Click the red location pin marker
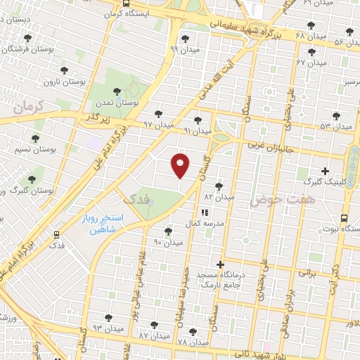pyautogui.click(x=181, y=165)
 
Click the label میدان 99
pyautogui.click(x=184, y=49)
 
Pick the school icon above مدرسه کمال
pyautogui.click(x=205, y=212)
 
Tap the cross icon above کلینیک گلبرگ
pyautogui.click(x=325, y=171)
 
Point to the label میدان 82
pyautogui.click(x=219, y=198)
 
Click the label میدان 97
pyautogui.click(x=158, y=124)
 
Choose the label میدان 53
pyautogui.click(x=335, y=127)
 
